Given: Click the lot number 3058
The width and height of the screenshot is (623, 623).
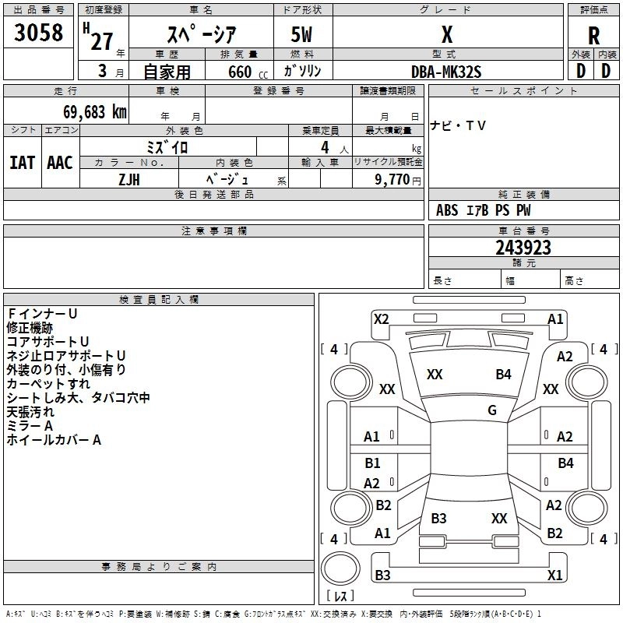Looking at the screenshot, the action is (x=38, y=32).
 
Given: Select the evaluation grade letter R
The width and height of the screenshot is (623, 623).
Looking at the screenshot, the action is (x=593, y=36).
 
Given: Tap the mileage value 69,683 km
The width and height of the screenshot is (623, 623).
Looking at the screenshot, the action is (x=95, y=112).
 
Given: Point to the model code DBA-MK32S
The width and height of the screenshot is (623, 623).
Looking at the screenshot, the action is (x=446, y=72).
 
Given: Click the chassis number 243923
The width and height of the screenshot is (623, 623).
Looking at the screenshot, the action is (x=523, y=248).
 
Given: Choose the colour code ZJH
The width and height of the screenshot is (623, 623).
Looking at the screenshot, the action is (x=129, y=180).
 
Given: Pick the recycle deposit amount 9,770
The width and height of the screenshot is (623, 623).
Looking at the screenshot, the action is (x=392, y=179).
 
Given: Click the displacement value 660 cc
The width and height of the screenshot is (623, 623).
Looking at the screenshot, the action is (x=248, y=72).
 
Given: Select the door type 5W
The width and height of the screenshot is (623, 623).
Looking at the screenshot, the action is (x=301, y=34).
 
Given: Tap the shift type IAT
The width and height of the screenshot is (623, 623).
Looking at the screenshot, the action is (x=23, y=163).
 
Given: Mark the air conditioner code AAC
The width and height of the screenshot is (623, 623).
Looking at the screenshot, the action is (x=60, y=163).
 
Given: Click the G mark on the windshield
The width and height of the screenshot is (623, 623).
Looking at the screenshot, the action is (x=492, y=410).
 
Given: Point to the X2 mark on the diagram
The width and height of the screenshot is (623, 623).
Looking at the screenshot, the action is (x=381, y=319).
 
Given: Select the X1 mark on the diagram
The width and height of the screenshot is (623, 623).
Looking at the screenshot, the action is (x=554, y=575).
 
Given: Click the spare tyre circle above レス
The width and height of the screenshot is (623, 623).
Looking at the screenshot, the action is (x=340, y=568).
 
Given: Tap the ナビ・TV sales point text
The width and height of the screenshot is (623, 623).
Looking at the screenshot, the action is (x=458, y=126).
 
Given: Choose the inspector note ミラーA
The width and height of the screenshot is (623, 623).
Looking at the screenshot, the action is (x=30, y=426).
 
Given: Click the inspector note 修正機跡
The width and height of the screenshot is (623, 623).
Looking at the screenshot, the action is (x=30, y=328).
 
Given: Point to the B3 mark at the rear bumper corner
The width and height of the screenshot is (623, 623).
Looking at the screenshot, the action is (x=382, y=575).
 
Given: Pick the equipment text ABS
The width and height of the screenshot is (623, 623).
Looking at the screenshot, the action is (x=447, y=210).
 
